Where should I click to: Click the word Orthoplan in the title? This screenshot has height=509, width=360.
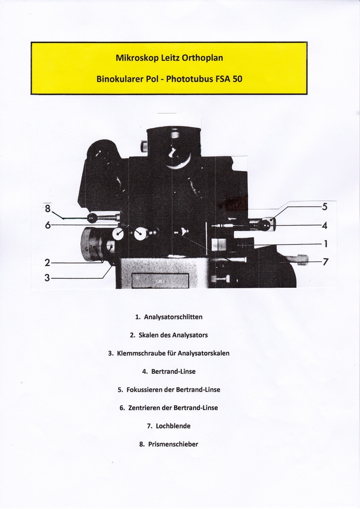pyautogui.click(x=202, y=58)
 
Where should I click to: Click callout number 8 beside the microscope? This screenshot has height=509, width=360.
pyautogui.click(x=48, y=208)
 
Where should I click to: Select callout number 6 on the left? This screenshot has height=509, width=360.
pyautogui.click(x=48, y=225)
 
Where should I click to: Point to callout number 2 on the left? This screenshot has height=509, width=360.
pyautogui.click(x=47, y=262)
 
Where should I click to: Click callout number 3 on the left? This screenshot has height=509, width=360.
pyautogui.click(x=47, y=277)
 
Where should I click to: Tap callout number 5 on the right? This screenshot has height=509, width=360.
pyautogui.click(x=324, y=207)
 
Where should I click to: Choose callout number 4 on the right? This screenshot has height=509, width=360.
pyautogui.click(x=324, y=225)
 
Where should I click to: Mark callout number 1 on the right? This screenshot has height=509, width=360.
pyautogui.click(x=326, y=244)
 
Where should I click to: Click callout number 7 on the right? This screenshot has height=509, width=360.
pyautogui.click(x=325, y=261)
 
